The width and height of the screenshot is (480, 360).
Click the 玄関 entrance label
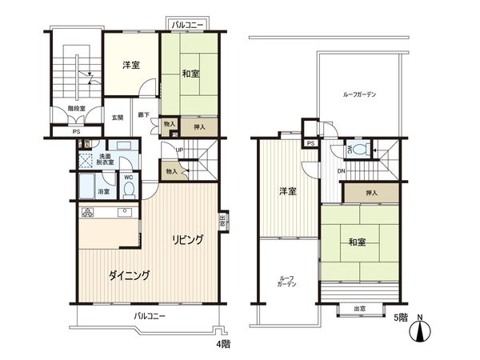(118, 118)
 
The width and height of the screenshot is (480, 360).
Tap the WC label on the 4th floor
(127, 178)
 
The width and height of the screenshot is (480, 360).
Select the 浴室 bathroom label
(102, 193)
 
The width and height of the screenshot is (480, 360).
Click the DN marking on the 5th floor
(341, 170)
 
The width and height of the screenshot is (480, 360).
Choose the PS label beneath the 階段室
(76, 132)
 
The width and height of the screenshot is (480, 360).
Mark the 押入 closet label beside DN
(370, 193)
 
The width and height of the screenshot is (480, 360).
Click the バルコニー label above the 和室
(187, 26)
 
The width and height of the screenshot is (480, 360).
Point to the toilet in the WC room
(128, 190)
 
